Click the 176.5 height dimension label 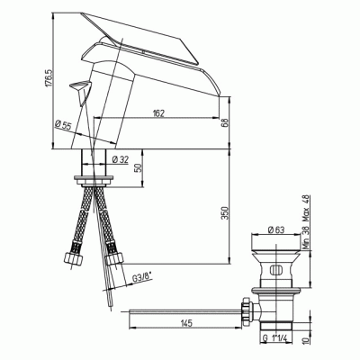[49, 78]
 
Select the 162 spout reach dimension [159, 113]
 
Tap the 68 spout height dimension [226, 122]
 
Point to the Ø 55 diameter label [63, 124]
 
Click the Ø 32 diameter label [120, 159]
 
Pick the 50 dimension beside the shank [139, 167]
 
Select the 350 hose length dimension [225, 213]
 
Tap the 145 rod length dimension [186, 323]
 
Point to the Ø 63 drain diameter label [276, 229]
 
